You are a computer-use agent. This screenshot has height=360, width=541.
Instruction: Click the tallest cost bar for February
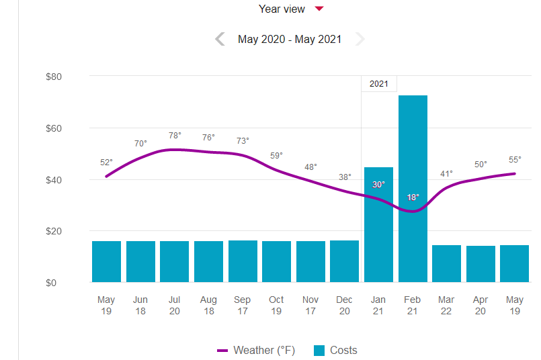point(413,188)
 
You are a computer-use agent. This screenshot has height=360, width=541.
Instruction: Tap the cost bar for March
point(446,263)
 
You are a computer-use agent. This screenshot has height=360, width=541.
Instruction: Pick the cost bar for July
point(174,261)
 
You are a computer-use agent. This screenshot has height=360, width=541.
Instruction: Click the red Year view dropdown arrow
point(320,9)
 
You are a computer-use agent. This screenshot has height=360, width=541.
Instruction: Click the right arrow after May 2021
point(360,39)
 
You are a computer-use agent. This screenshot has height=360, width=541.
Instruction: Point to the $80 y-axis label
point(53,77)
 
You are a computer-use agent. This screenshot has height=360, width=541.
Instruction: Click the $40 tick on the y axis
point(53,179)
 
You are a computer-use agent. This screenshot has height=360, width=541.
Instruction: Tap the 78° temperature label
point(175,136)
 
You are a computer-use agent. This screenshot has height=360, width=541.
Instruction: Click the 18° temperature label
point(413,197)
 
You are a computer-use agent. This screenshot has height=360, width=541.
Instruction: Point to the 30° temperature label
point(378,184)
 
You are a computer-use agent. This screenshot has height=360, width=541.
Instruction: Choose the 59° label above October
point(276,156)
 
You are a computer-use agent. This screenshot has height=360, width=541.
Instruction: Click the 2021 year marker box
point(379,84)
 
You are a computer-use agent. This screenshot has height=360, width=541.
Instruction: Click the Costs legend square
point(319,350)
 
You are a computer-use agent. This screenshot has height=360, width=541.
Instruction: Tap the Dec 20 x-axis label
point(344,305)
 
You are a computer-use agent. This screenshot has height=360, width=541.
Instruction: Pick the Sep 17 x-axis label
point(242,305)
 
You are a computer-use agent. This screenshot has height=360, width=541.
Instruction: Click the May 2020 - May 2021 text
point(290,39)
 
